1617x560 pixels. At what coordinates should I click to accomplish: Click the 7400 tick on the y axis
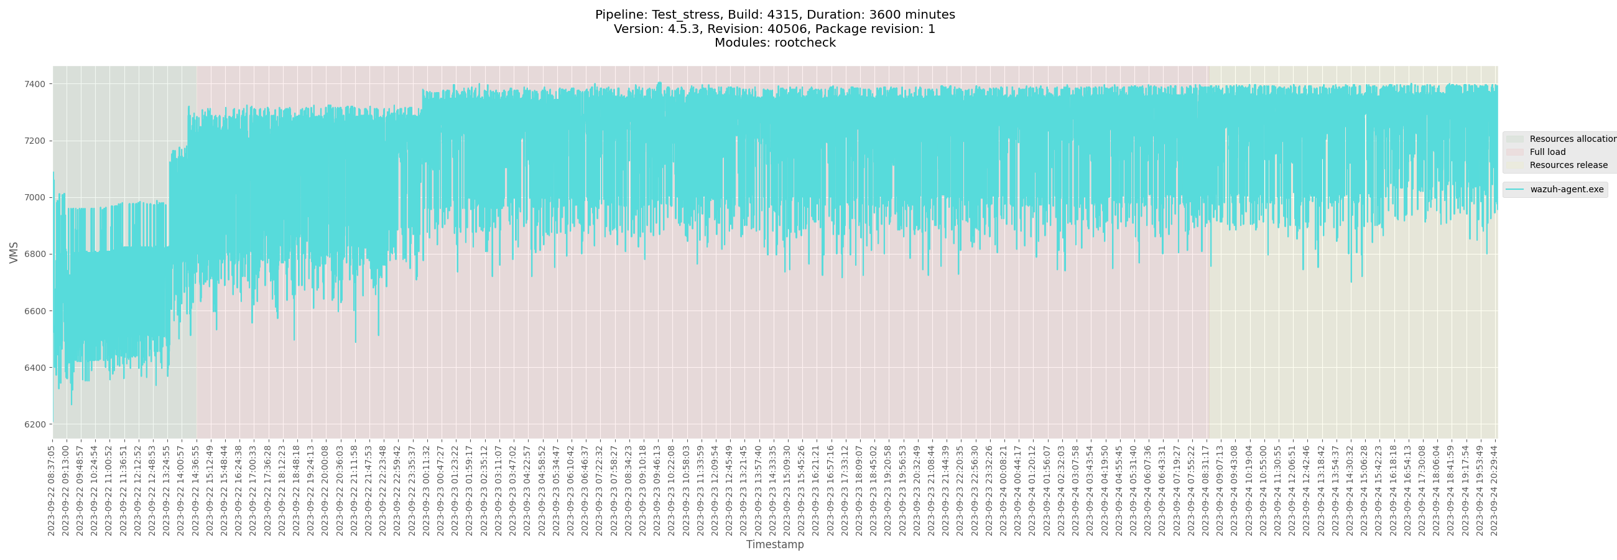pos(35,84)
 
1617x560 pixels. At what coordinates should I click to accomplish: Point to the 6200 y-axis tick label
pos(35,424)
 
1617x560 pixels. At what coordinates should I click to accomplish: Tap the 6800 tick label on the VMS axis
pos(35,254)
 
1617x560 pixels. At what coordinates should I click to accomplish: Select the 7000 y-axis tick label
pos(35,198)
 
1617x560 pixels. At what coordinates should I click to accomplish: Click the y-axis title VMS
pos(14,253)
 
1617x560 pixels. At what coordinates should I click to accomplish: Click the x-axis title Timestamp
pos(774,544)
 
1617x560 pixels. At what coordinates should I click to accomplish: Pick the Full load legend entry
pos(1547,152)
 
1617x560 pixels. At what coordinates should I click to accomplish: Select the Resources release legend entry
pos(1568,165)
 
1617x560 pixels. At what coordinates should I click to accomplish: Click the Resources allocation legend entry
pos(1572,139)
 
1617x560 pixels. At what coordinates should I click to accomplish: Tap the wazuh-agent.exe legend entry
pos(1566,190)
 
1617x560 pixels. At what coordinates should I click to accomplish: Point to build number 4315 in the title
pos(782,14)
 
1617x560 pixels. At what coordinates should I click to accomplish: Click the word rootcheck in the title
pos(805,43)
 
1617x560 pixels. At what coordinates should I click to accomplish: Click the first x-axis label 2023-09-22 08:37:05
pos(52,491)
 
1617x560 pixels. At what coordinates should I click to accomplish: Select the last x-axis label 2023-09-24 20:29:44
pos(1494,491)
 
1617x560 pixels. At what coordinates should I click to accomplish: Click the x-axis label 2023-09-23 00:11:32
pos(426,491)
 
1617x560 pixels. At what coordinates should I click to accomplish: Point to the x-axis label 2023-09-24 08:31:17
pos(1205,491)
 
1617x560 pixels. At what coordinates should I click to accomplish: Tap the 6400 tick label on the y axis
pos(35,368)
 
